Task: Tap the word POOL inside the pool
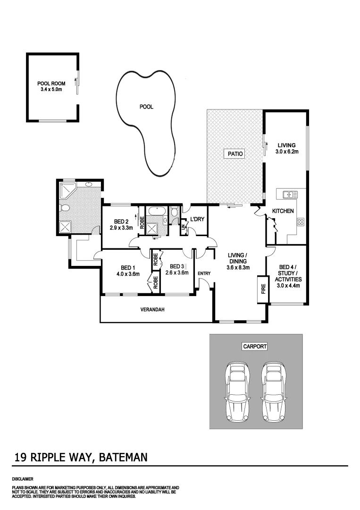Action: [146, 107]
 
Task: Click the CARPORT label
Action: [255, 346]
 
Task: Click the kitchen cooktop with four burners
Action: [300, 221]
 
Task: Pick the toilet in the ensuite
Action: [65, 208]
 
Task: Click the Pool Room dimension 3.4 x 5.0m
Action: [51, 89]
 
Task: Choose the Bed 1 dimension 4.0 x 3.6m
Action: [127, 273]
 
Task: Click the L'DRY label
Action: [196, 219]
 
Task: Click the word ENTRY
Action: [204, 273]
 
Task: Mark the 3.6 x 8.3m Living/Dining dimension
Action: [238, 268]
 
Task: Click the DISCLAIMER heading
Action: [22, 479]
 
